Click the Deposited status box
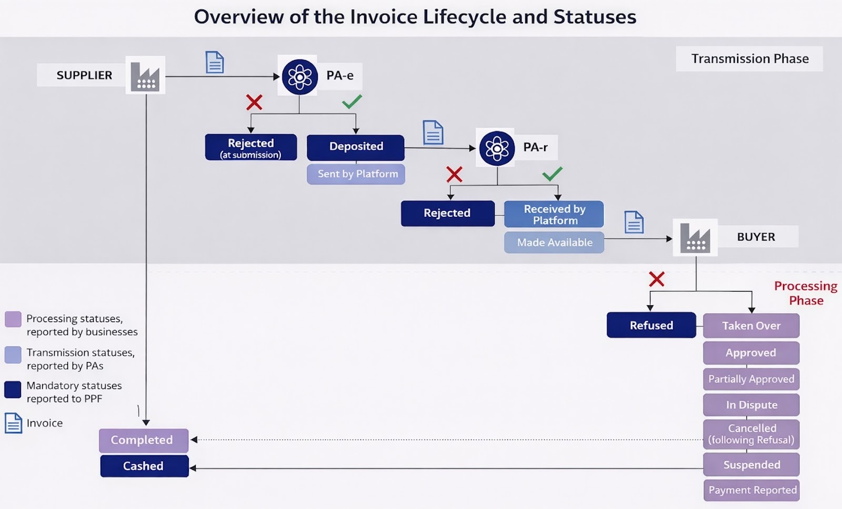pyautogui.click(x=356, y=147)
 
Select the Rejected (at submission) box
pyautogui.click(x=250, y=147)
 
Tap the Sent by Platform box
pyautogui.click(x=356, y=174)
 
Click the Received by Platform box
pyautogui.click(x=554, y=214)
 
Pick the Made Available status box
pyautogui.click(x=554, y=243)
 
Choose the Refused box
pyautogui.click(x=651, y=325)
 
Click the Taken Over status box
pyautogui.click(x=751, y=326)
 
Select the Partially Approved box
pyautogui.click(x=751, y=379)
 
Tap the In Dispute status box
pyautogui.click(x=751, y=405)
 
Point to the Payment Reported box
pyautogui.click(x=751, y=490)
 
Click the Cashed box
pyautogui.click(x=144, y=466)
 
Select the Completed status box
pyautogui.click(x=143, y=440)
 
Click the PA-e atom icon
pyautogui.click(x=300, y=77)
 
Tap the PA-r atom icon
pyautogui.click(x=497, y=148)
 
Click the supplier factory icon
pyautogui.click(x=145, y=76)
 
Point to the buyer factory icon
pyautogui.click(x=695, y=237)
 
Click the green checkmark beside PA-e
pyautogui.click(x=352, y=101)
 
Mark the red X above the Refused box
pyautogui.click(x=656, y=279)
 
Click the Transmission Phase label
pyautogui.click(x=749, y=59)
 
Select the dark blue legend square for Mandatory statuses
pyautogui.click(x=13, y=390)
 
